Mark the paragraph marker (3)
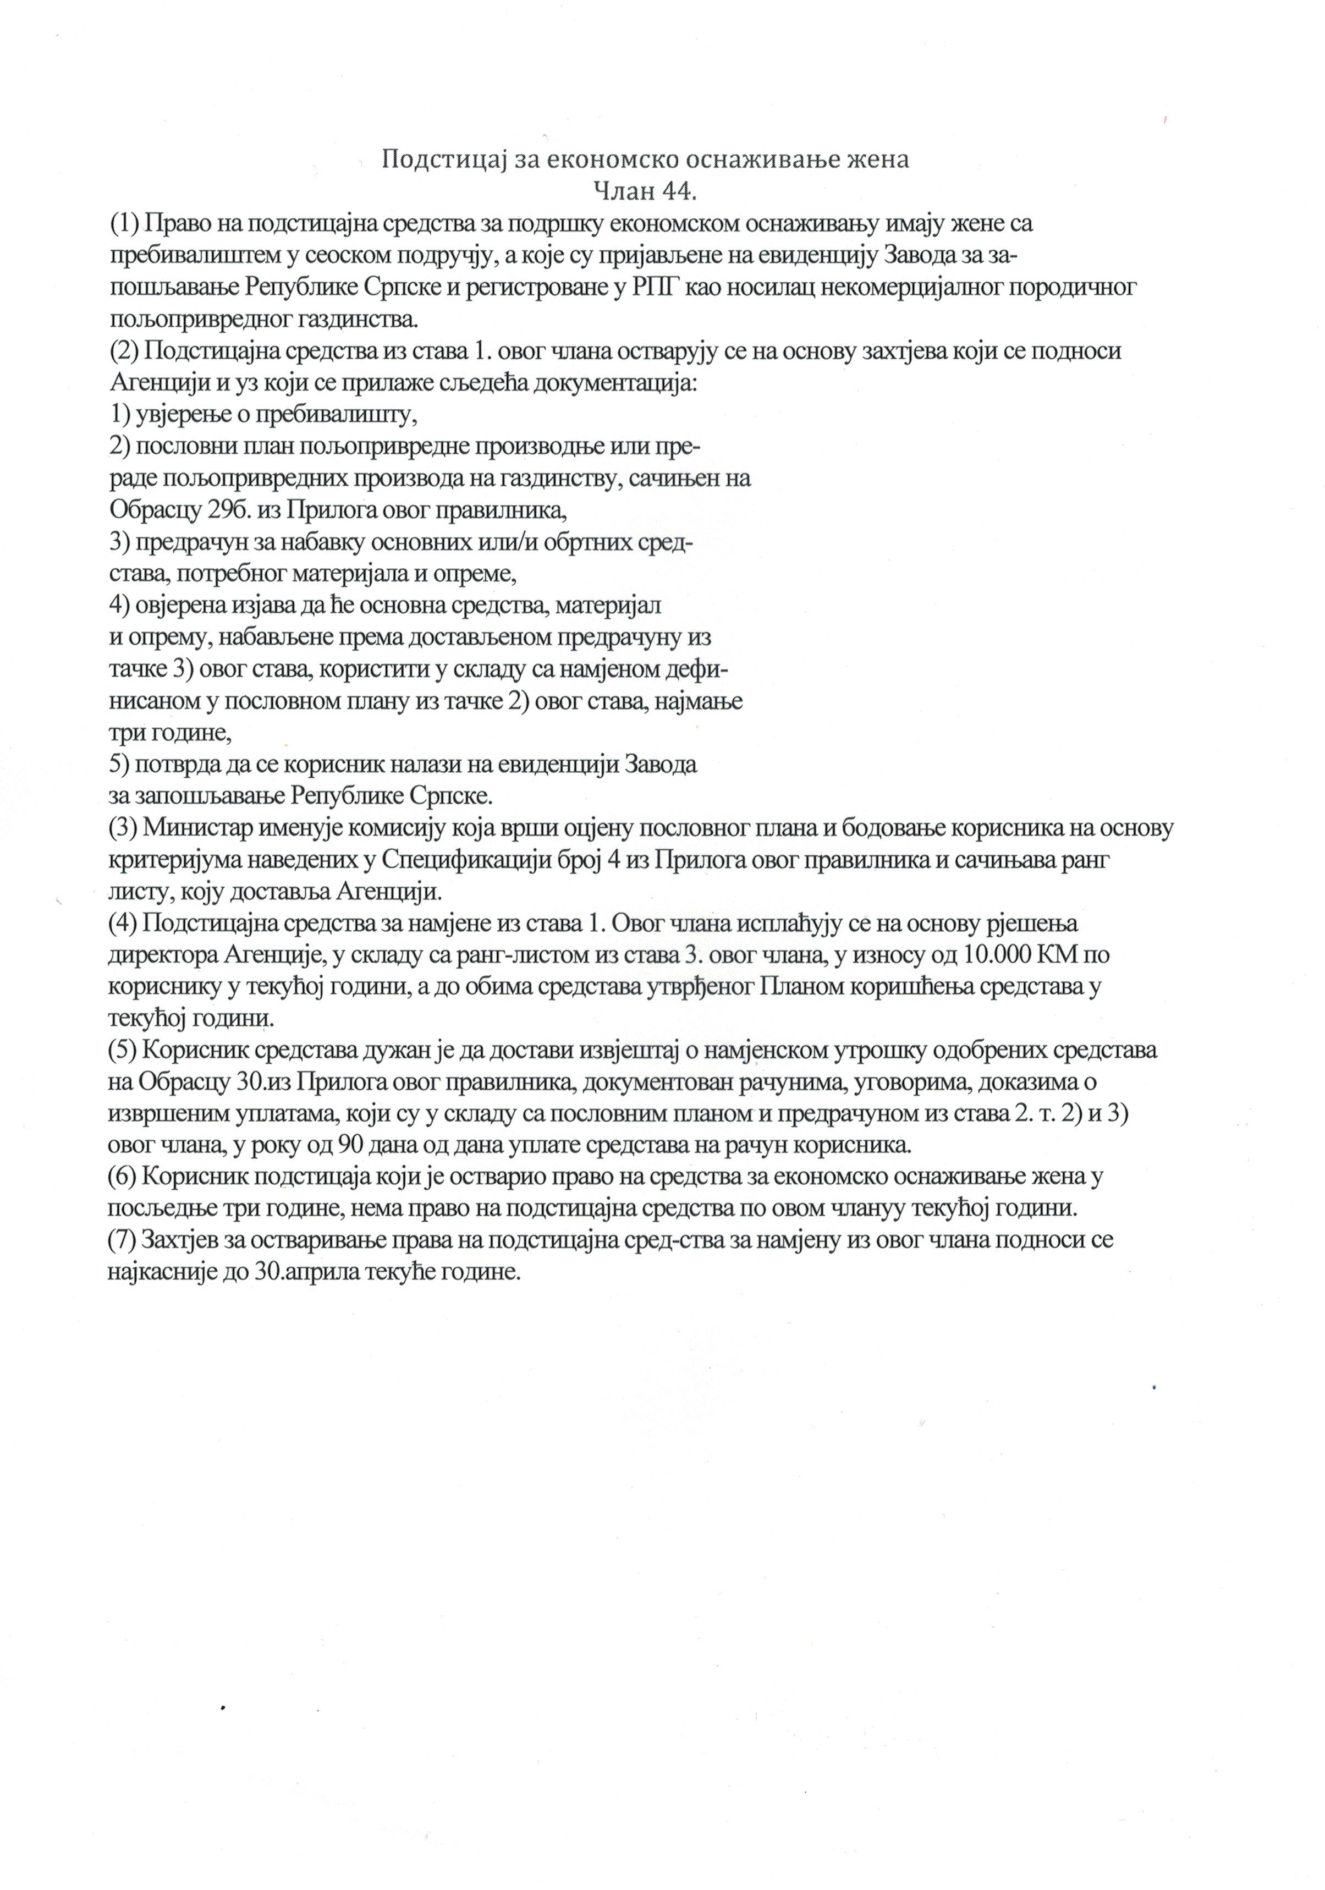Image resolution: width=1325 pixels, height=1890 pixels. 123,828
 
